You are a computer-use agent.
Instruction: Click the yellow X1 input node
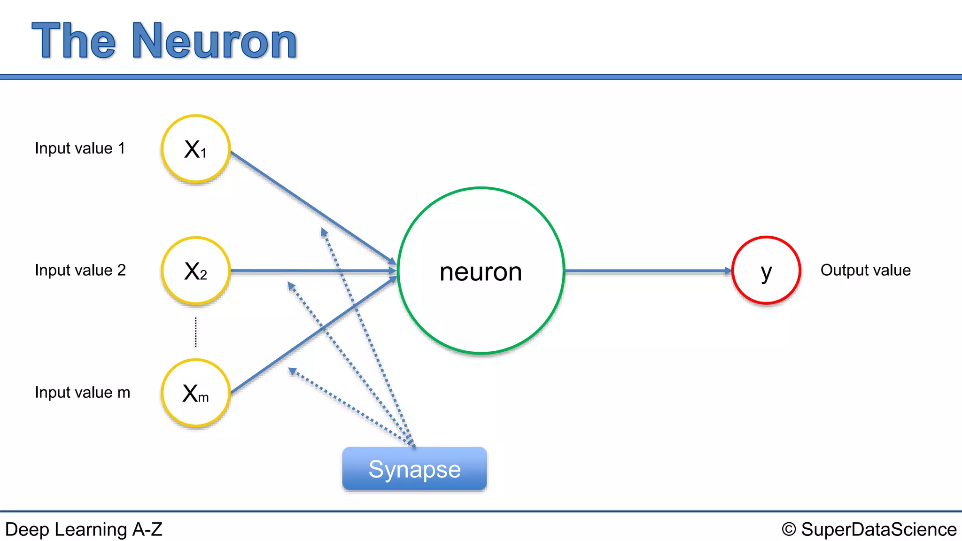[195, 149]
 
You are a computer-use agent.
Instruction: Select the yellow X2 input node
[195, 271]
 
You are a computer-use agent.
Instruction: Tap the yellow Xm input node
[195, 393]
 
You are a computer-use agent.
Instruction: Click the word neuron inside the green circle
[481, 272]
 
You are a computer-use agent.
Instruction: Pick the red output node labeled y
[766, 270]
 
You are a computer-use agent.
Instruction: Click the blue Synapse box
[414, 469]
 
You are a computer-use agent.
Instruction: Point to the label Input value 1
[80, 148]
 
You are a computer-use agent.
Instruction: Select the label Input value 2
[80, 270]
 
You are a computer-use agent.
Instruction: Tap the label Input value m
[82, 393]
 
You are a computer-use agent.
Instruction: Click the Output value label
[865, 270]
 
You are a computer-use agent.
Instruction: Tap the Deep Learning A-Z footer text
[84, 530]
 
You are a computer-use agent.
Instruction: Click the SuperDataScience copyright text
[878, 530]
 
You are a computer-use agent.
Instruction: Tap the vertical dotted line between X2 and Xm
[196, 332]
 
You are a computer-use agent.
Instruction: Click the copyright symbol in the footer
[789, 530]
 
